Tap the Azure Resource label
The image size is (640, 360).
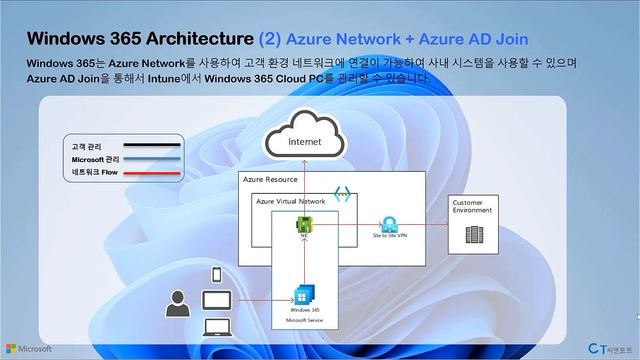point(270,179)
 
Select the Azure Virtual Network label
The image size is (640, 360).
point(290,201)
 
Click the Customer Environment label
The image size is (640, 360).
point(473,206)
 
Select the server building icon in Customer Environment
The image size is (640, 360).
point(473,237)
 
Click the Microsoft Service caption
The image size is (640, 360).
point(304,321)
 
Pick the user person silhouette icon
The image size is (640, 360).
point(178,303)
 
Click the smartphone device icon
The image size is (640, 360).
point(216,275)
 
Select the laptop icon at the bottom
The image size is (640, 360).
point(217,326)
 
